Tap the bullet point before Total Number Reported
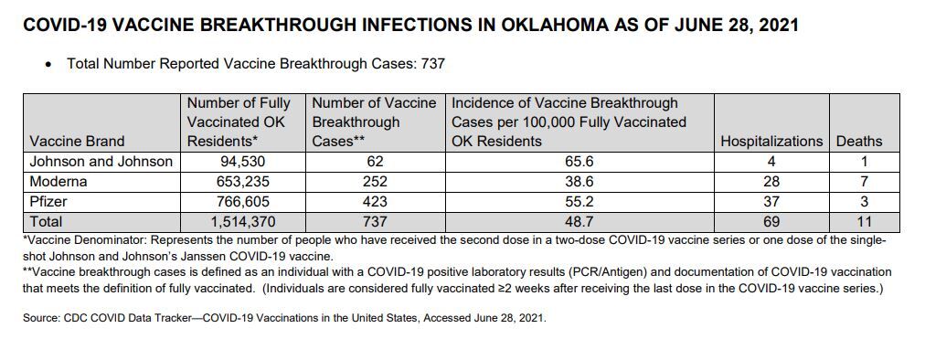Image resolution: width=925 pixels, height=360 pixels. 48,65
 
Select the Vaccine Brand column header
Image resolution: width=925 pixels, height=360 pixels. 77,142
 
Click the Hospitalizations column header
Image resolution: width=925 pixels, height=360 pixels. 771,142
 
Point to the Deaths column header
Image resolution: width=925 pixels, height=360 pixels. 858,142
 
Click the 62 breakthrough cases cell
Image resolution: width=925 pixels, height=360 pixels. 376,162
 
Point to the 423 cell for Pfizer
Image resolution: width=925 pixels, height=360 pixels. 376,201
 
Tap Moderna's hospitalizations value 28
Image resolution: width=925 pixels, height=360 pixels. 771,182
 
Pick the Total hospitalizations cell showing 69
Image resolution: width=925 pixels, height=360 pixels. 771,221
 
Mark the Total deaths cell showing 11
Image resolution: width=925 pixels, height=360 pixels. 858,221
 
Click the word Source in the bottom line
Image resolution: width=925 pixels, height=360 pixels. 40,321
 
